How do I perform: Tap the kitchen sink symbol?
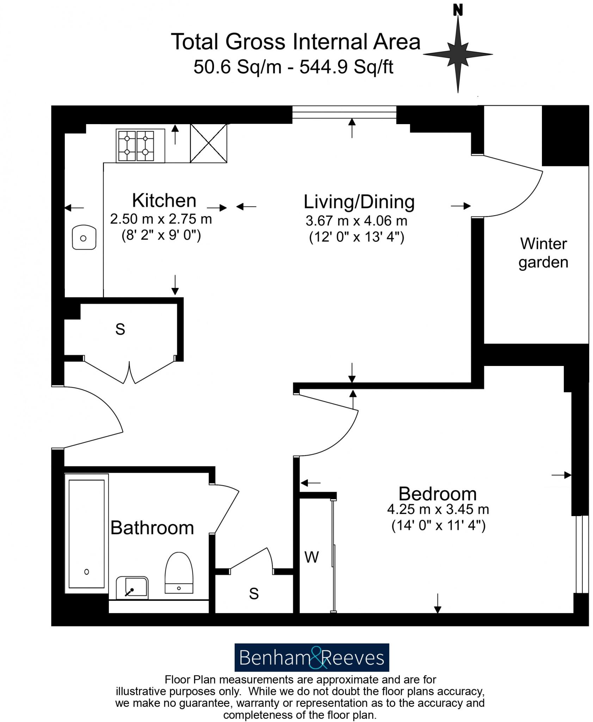(84, 238)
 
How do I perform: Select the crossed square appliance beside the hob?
(208, 143)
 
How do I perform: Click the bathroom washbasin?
(132, 588)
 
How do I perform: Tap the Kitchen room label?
(164, 201)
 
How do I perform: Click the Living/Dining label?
(359, 202)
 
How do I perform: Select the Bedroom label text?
(437, 494)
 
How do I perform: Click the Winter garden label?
(543, 253)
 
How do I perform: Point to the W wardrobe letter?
(311, 557)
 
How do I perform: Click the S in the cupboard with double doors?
(120, 329)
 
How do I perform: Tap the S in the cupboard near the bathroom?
(254, 594)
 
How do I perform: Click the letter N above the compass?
(458, 11)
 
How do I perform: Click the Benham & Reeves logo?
(311, 657)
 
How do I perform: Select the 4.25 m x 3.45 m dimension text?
(438, 509)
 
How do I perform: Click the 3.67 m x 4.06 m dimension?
(356, 221)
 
